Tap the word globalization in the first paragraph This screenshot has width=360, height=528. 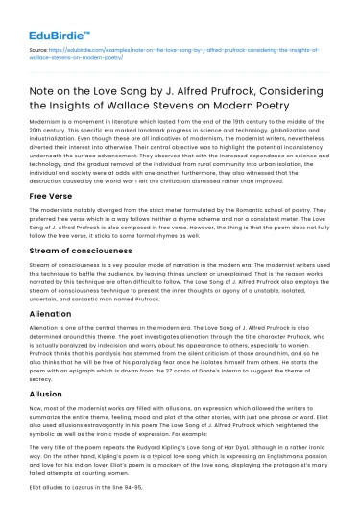[x=283, y=137]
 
